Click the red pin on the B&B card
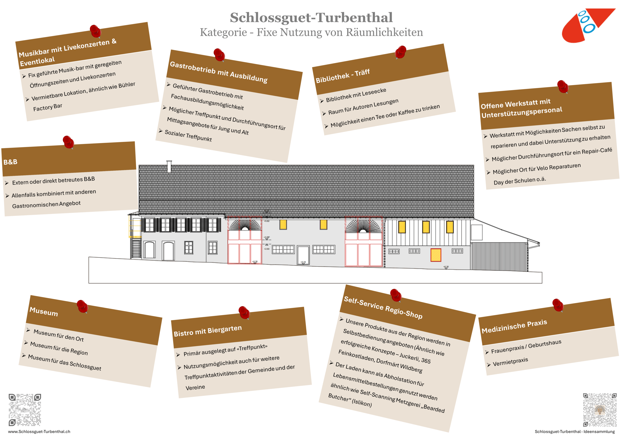[68, 142]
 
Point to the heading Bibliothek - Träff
[343, 76]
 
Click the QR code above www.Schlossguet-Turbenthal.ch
[25, 410]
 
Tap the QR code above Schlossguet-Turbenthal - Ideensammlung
[600, 410]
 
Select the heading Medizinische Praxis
[514, 326]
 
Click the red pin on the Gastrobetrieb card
[219, 54]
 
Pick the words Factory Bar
[48, 107]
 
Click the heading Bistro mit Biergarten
[208, 331]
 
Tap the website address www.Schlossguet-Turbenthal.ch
[39, 432]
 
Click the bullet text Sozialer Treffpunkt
[188, 135]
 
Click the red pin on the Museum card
[82, 306]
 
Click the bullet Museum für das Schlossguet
[64, 363]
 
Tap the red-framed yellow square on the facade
[436, 255]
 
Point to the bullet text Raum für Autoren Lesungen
[363, 106]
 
